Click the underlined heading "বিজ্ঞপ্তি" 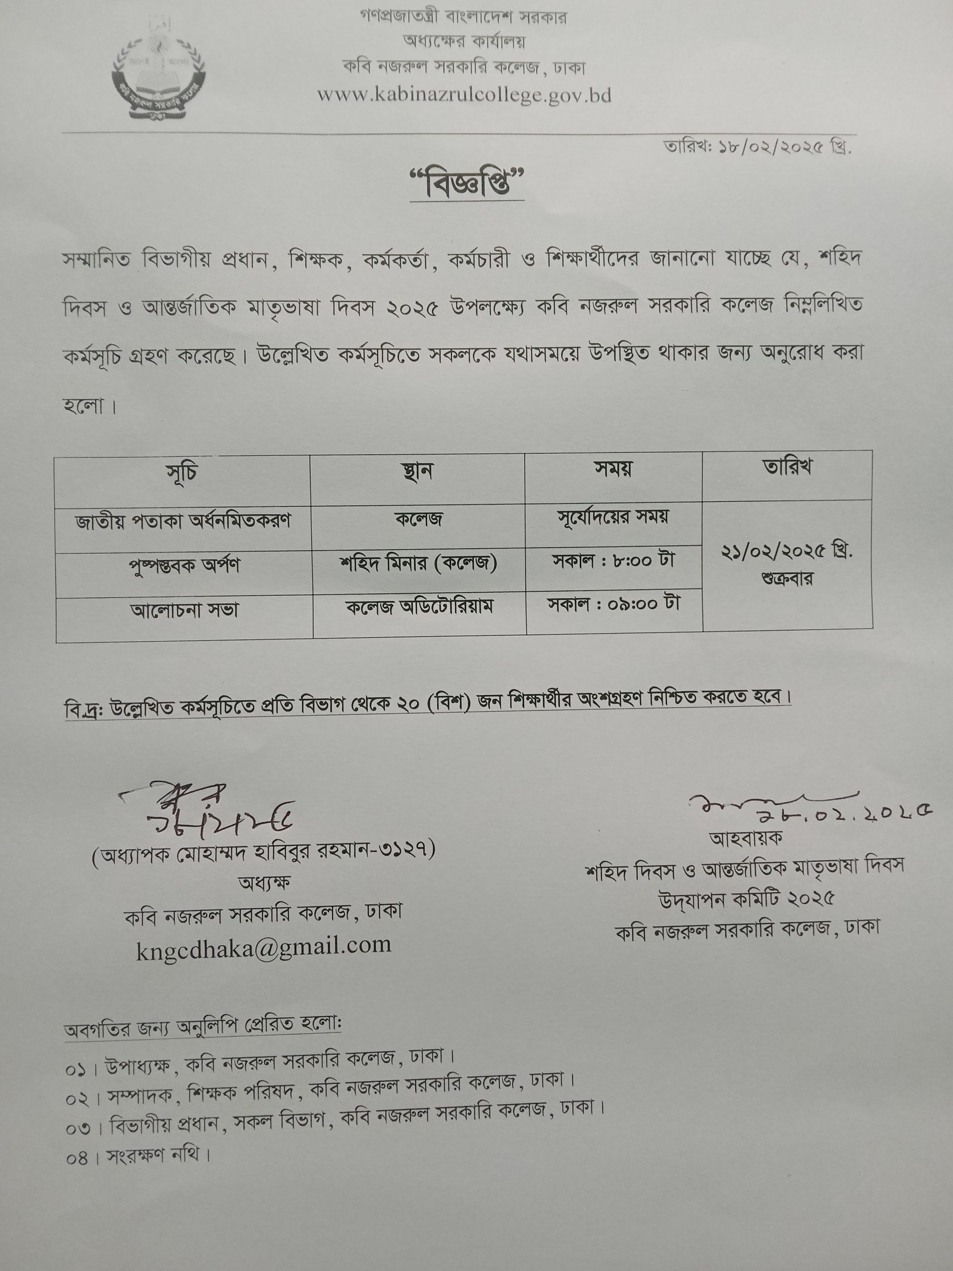point(468,185)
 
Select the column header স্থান point(417,472)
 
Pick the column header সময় point(613,470)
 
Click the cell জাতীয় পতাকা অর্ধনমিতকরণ point(183,521)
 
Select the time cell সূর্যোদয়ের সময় point(613,518)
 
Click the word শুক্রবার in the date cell point(787,578)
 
